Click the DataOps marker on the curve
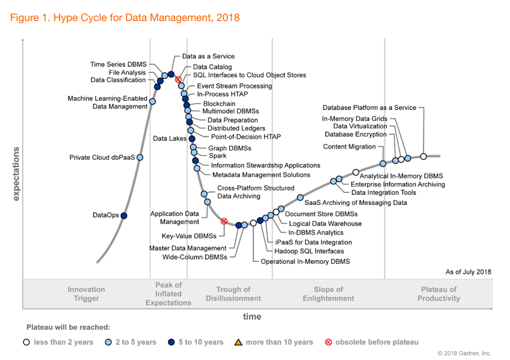(x=124, y=216)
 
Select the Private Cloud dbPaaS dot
(x=140, y=157)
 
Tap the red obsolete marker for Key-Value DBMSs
(x=224, y=221)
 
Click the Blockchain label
(x=219, y=104)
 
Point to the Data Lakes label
(x=169, y=139)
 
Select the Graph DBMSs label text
(x=229, y=148)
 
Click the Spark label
(x=217, y=156)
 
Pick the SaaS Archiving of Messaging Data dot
(x=300, y=198)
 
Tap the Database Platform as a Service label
(x=369, y=108)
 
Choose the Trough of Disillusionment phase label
(x=233, y=294)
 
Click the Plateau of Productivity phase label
(x=438, y=294)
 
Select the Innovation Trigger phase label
(x=86, y=294)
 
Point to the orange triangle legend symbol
(x=239, y=342)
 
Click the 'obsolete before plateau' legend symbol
(x=328, y=342)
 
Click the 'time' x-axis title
(x=252, y=316)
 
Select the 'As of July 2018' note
(x=468, y=272)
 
